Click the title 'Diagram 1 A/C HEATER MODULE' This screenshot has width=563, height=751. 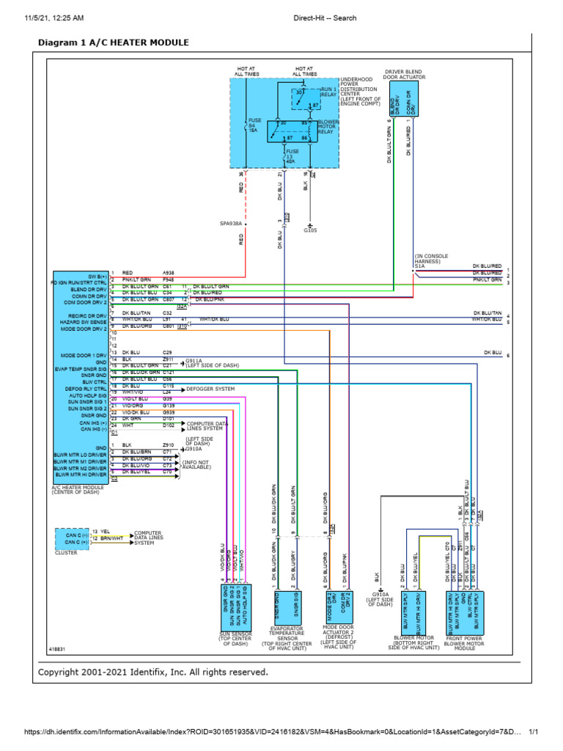pyautogui.click(x=113, y=43)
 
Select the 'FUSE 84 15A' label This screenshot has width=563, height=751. pyautogui.click(x=254, y=125)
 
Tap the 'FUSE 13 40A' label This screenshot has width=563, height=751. pyautogui.click(x=292, y=154)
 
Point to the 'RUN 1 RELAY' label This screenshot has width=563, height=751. pyautogui.click(x=329, y=92)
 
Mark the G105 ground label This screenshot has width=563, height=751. pyautogui.click(x=310, y=230)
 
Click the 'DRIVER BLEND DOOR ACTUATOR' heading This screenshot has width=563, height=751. pyautogui.click(x=402, y=74)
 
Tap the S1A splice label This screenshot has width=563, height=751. pyautogui.click(x=417, y=267)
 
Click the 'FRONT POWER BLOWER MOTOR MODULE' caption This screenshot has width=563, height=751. pyautogui.click(x=463, y=642)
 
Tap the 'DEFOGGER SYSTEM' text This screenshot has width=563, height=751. pyautogui.click(x=210, y=389)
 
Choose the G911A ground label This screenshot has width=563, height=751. pyautogui.click(x=194, y=361)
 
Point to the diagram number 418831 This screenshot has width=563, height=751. pyautogui.click(x=58, y=649)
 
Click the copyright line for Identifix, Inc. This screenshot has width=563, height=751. pyautogui.click(x=153, y=672)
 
